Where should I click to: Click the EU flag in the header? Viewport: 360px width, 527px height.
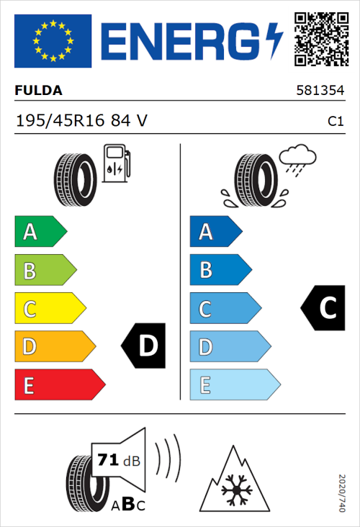click(53, 41)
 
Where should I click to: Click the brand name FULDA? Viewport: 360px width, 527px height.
click(38, 91)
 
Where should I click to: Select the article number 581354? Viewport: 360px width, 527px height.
click(320, 91)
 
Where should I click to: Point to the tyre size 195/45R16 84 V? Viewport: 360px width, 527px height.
click(81, 122)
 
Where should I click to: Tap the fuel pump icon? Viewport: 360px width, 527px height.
click(117, 163)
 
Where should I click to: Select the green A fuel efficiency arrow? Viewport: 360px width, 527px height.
click(40, 232)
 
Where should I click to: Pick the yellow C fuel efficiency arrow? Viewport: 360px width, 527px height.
click(49, 309)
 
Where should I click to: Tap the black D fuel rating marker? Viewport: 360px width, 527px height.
click(145, 346)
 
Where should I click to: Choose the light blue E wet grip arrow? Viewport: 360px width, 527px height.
click(233, 385)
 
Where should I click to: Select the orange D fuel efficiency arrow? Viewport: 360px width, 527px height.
click(53, 347)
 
